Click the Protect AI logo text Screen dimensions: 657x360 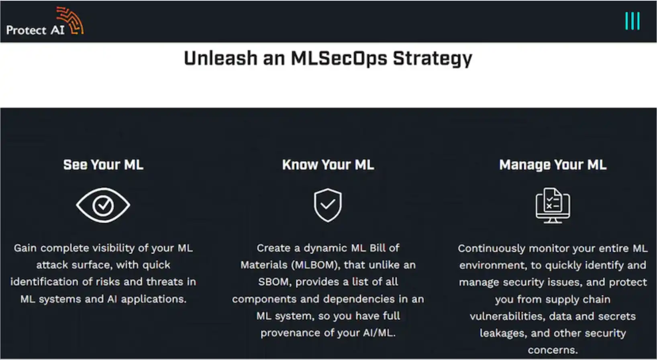click(x=35, y=30)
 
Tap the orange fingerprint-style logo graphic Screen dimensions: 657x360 click(x=70, y=20)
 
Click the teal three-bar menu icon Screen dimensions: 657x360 click(x=633, y=21)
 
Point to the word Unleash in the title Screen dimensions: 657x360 click(x=220, y=58)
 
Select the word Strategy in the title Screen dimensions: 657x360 click(x=433, y=59)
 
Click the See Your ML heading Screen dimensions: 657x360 click(x=103, y=165)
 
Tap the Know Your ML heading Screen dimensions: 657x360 click(x=328, y=165)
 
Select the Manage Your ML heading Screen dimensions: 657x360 click(x=553, y=165)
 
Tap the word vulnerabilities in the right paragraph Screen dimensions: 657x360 click(x=507, y=316)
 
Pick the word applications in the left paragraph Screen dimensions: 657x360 click(x=153, y=299)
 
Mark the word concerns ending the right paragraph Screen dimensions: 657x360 click(x=553, y=350)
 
